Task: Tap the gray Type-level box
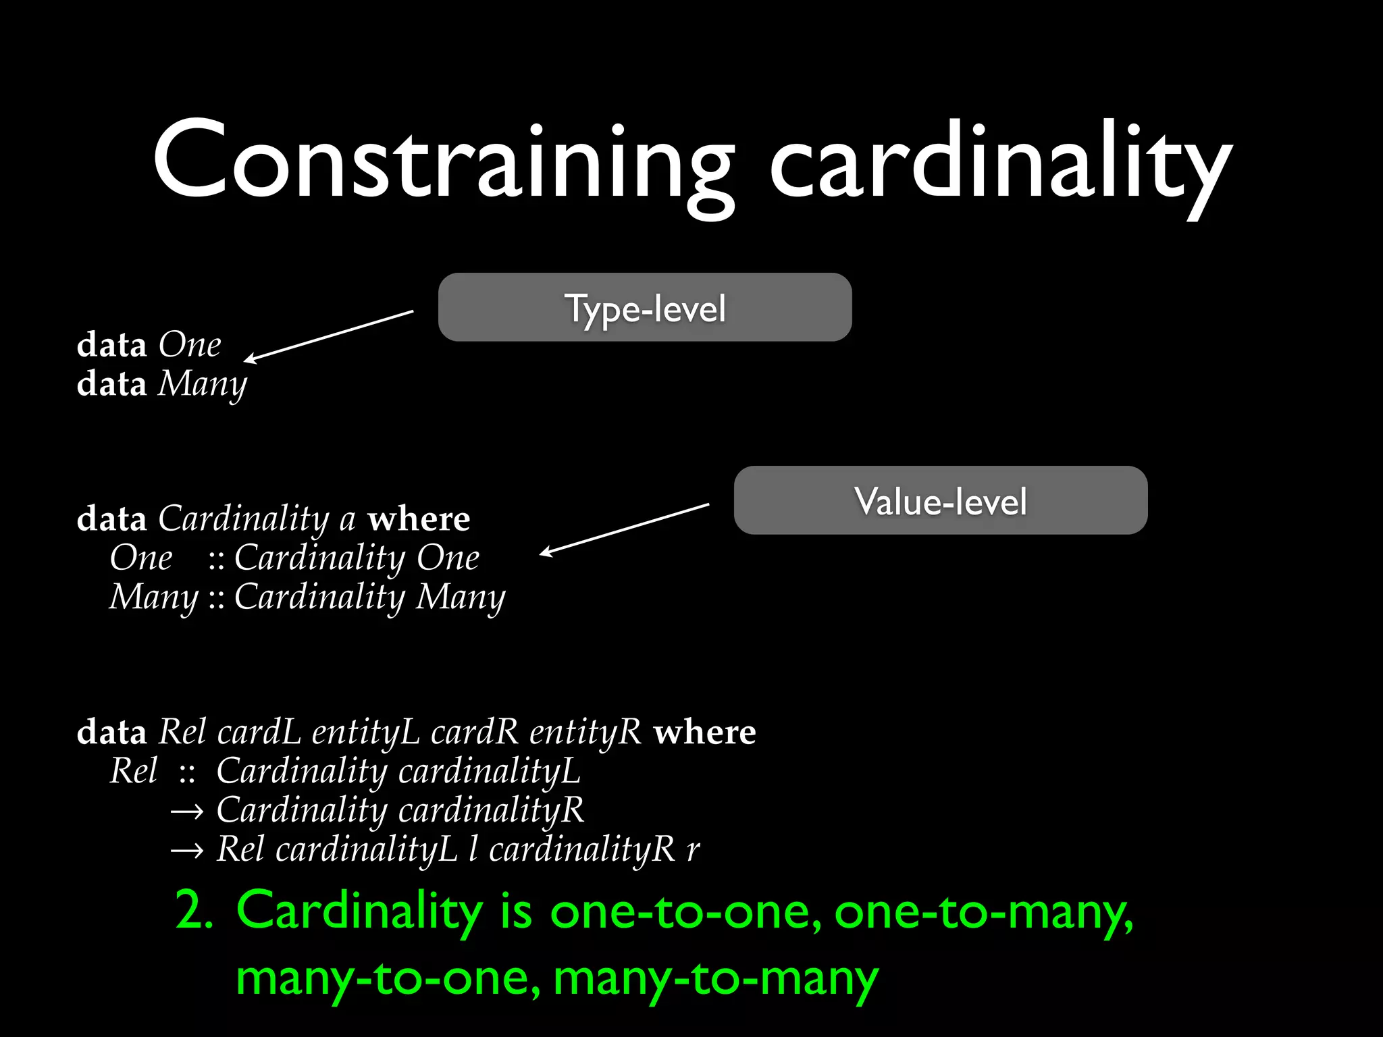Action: coord(645,307)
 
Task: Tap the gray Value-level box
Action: coord(941,500)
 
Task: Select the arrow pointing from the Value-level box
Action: coord(625,529)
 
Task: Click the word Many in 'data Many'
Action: coord(203,385)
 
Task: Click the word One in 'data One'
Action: coord(190,345)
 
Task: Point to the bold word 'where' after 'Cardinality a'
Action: coord(419,519)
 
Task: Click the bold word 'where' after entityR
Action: coord(705,733)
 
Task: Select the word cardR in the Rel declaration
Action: coord(474,733)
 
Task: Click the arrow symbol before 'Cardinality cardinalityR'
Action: coord(186,812)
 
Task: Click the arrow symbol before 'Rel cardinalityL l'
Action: coord(186,851)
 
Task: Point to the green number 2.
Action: coord(194,910)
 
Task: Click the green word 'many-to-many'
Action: coord(716,978)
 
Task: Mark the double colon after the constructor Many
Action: coord(216,598)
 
